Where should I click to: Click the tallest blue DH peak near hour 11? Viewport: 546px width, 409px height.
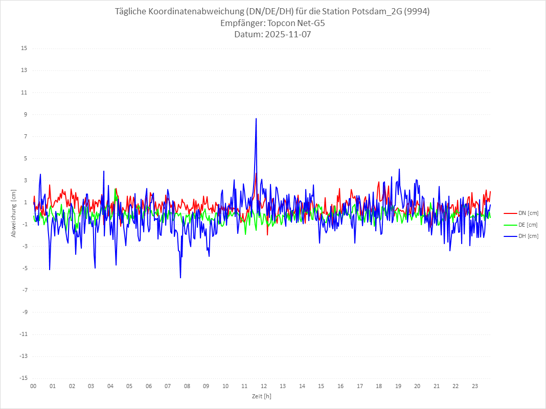point(256,118)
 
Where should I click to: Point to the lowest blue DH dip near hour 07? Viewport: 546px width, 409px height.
point(180,278)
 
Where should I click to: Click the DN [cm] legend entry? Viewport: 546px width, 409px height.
point(528,213)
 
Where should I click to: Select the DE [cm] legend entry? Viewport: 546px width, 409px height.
point(528,225)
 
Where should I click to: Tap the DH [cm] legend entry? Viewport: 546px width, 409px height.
point(528,236)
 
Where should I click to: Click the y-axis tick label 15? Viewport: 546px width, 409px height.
point(24,49)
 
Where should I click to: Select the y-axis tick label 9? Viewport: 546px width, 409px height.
point(25,114)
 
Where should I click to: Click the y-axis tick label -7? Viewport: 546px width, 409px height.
point(24,290)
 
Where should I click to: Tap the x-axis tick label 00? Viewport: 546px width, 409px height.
point(33,386)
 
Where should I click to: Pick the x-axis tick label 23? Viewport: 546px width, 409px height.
point(475,386)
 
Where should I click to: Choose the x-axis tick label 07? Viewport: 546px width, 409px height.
point(168,386)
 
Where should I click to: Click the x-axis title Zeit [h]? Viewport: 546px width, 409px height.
point(261,396)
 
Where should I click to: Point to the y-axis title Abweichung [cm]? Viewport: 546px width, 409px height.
point(14,213)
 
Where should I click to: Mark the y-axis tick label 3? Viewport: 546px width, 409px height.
point(25,180)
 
